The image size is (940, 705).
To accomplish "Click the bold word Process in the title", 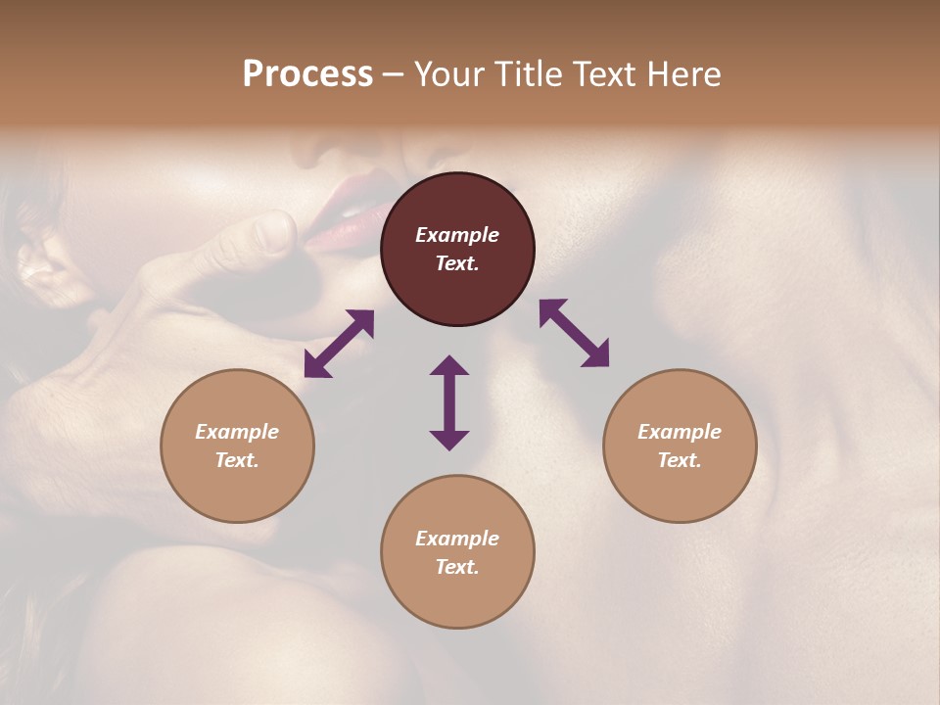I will (x=307, y=74).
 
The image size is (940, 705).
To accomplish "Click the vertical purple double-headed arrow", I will (x=449, y=402).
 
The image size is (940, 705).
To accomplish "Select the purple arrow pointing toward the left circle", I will (x=339, y=344).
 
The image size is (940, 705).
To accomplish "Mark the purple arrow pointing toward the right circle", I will (x=575, y=333).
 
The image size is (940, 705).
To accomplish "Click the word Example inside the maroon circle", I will (x=457, y=235).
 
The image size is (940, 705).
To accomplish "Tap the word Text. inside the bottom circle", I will (x=457, y=567).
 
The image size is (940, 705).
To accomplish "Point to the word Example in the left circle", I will (x=237, y=432).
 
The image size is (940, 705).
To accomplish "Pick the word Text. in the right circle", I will (x=680, y=460).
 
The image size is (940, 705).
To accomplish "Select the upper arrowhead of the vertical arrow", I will (x=449, y=365).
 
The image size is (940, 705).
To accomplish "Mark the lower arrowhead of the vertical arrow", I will (x=449, y=440).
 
